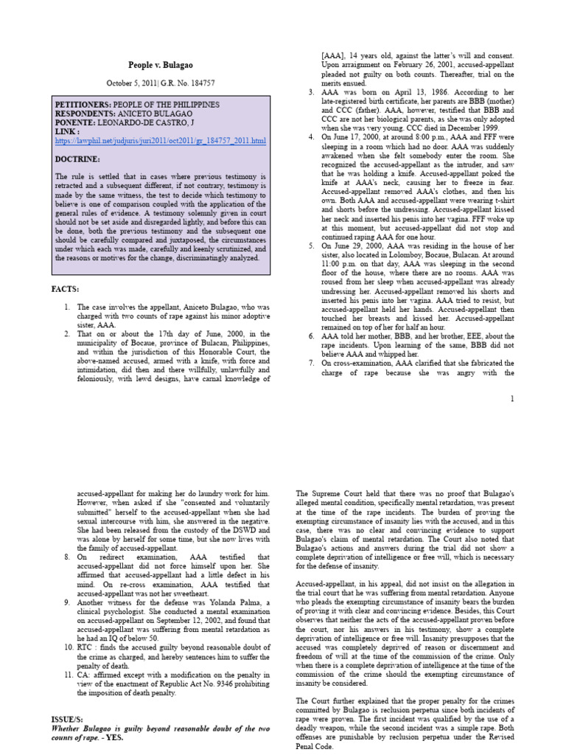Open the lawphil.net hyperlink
pos(160,141)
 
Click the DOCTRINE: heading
pos(77,159)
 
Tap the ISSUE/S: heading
pos(71,717)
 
